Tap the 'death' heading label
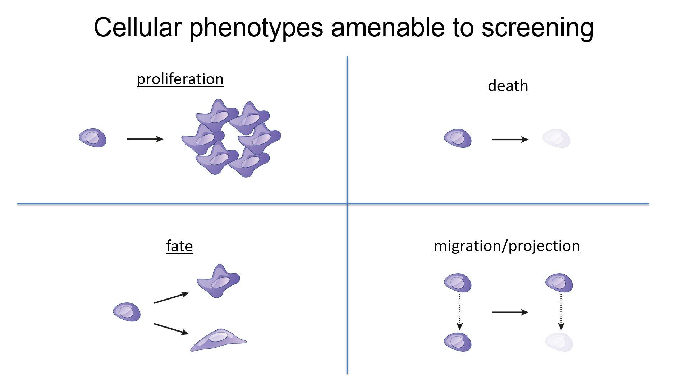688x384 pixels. (508, 86)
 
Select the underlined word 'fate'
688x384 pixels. (179, 247)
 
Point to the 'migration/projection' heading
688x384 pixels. (506, 246)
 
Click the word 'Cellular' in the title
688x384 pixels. (137, 28)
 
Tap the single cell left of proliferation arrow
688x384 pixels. (93, 138)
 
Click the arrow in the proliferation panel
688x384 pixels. (145, 139)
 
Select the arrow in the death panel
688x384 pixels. (510, 139)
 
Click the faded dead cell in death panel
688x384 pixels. (556, 138)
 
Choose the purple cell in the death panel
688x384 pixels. (458, 138)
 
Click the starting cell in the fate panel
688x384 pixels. (127, 312)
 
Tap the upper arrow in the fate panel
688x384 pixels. (171, 298)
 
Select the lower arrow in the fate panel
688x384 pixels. (171, 329)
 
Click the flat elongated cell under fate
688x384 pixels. (218, 340)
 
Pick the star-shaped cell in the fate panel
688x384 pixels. (218, 281)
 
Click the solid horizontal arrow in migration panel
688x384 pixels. (510, 312)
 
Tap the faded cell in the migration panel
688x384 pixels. (559, 342)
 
